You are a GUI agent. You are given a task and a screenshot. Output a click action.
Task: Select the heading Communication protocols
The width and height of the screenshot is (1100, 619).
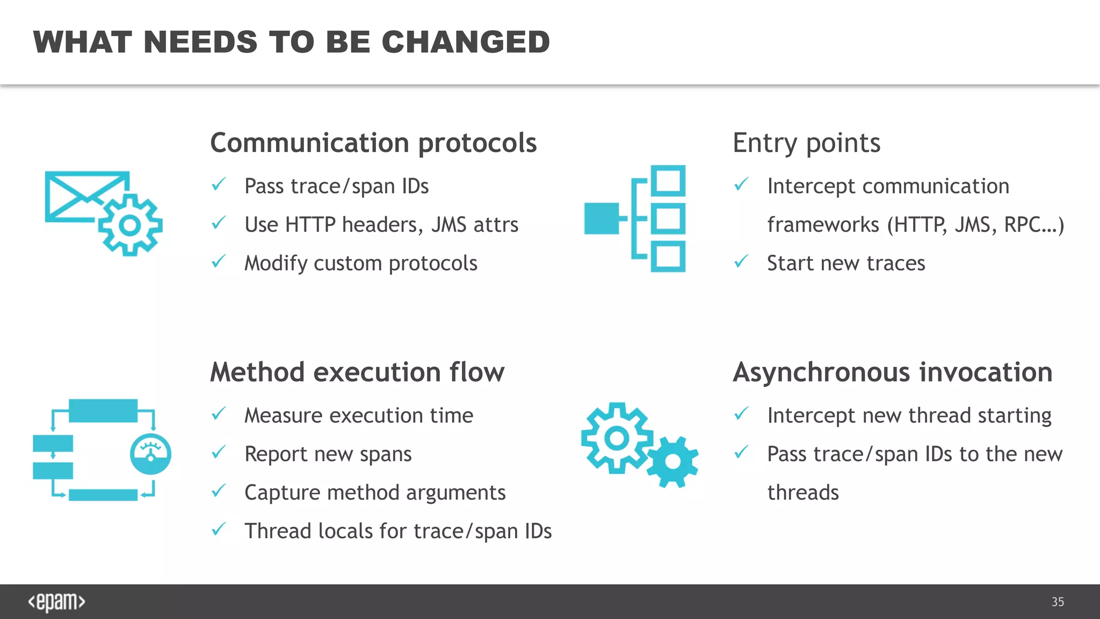[x=373, y=143]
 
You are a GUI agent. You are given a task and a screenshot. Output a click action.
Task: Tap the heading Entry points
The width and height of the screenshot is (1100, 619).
[x=806, y=143]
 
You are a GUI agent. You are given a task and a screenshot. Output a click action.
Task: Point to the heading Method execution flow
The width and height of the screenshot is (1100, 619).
[x=357, y=372]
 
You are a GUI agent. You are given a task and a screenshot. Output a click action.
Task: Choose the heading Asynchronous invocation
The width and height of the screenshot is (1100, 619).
[x=892, y=372]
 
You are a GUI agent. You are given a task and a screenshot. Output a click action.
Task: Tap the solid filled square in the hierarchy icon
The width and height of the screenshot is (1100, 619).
[x=602, y=218]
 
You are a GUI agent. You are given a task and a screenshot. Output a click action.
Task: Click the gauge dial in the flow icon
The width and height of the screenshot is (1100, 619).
[x=150, y=454]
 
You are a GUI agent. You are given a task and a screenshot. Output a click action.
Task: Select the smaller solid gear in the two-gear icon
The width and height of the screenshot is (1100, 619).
[x=672, y=462]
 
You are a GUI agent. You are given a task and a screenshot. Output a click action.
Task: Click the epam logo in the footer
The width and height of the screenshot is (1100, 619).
[x=56, y=602]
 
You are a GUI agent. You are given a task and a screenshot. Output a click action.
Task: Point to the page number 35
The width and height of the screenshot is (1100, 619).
[x=1058, y=602]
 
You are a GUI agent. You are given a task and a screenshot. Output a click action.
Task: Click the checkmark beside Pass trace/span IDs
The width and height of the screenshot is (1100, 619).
[x=219, y=185]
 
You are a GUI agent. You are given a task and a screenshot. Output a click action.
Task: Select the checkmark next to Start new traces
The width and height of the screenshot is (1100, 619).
[x=741, y=262]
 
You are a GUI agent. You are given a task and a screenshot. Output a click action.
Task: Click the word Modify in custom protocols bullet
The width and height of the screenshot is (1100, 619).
[x=276, y=263]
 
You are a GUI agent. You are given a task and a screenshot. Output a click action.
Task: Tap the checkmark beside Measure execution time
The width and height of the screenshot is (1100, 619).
[x=219, y=414]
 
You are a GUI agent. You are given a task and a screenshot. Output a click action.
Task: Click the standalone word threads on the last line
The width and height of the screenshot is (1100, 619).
[x=802, y=493]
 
